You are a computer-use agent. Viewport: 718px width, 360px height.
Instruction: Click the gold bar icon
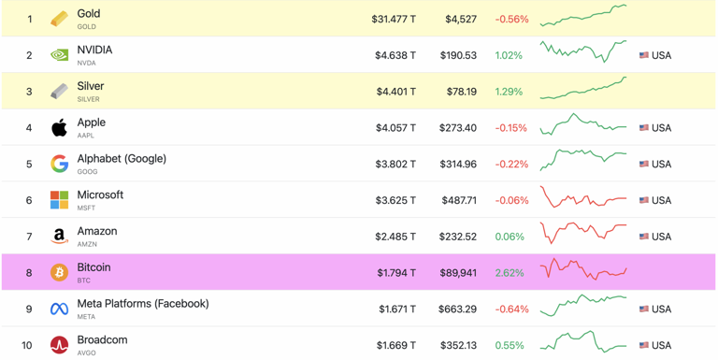coord(59,19)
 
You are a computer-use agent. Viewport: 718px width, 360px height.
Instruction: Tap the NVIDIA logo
coord(59,55)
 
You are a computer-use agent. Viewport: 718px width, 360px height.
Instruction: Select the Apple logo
coord(59,127)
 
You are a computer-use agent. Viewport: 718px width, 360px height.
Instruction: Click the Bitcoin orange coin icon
coord(59,273)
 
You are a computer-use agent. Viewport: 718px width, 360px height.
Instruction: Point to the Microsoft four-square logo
coord(59,200)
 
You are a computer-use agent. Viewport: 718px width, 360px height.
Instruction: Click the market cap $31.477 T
coord(394,19)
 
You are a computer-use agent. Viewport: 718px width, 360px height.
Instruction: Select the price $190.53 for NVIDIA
coord(458,55)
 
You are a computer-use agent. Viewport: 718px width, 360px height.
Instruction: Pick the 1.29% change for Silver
coord(509,92)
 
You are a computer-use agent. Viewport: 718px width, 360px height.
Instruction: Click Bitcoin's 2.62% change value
coord(509,273)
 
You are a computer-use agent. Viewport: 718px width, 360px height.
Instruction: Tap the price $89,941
coord(456,273)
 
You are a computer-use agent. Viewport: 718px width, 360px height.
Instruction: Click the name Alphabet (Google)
coord(122,159)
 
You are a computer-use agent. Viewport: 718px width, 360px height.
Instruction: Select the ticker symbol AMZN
coord(87,244)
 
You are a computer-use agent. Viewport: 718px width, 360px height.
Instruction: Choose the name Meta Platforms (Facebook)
coord(143,304)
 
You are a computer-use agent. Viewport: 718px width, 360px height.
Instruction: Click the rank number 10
coord(28,345)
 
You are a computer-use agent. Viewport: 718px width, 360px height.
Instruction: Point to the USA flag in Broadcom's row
coord(644,345)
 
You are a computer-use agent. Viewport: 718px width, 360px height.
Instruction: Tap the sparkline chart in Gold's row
coord(583,16)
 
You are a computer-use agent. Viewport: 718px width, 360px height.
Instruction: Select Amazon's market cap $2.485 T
coord(395,237)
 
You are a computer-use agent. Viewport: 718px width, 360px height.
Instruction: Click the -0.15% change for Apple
coord(510,128)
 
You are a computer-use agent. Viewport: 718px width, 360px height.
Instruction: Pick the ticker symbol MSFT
coord(86,208)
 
